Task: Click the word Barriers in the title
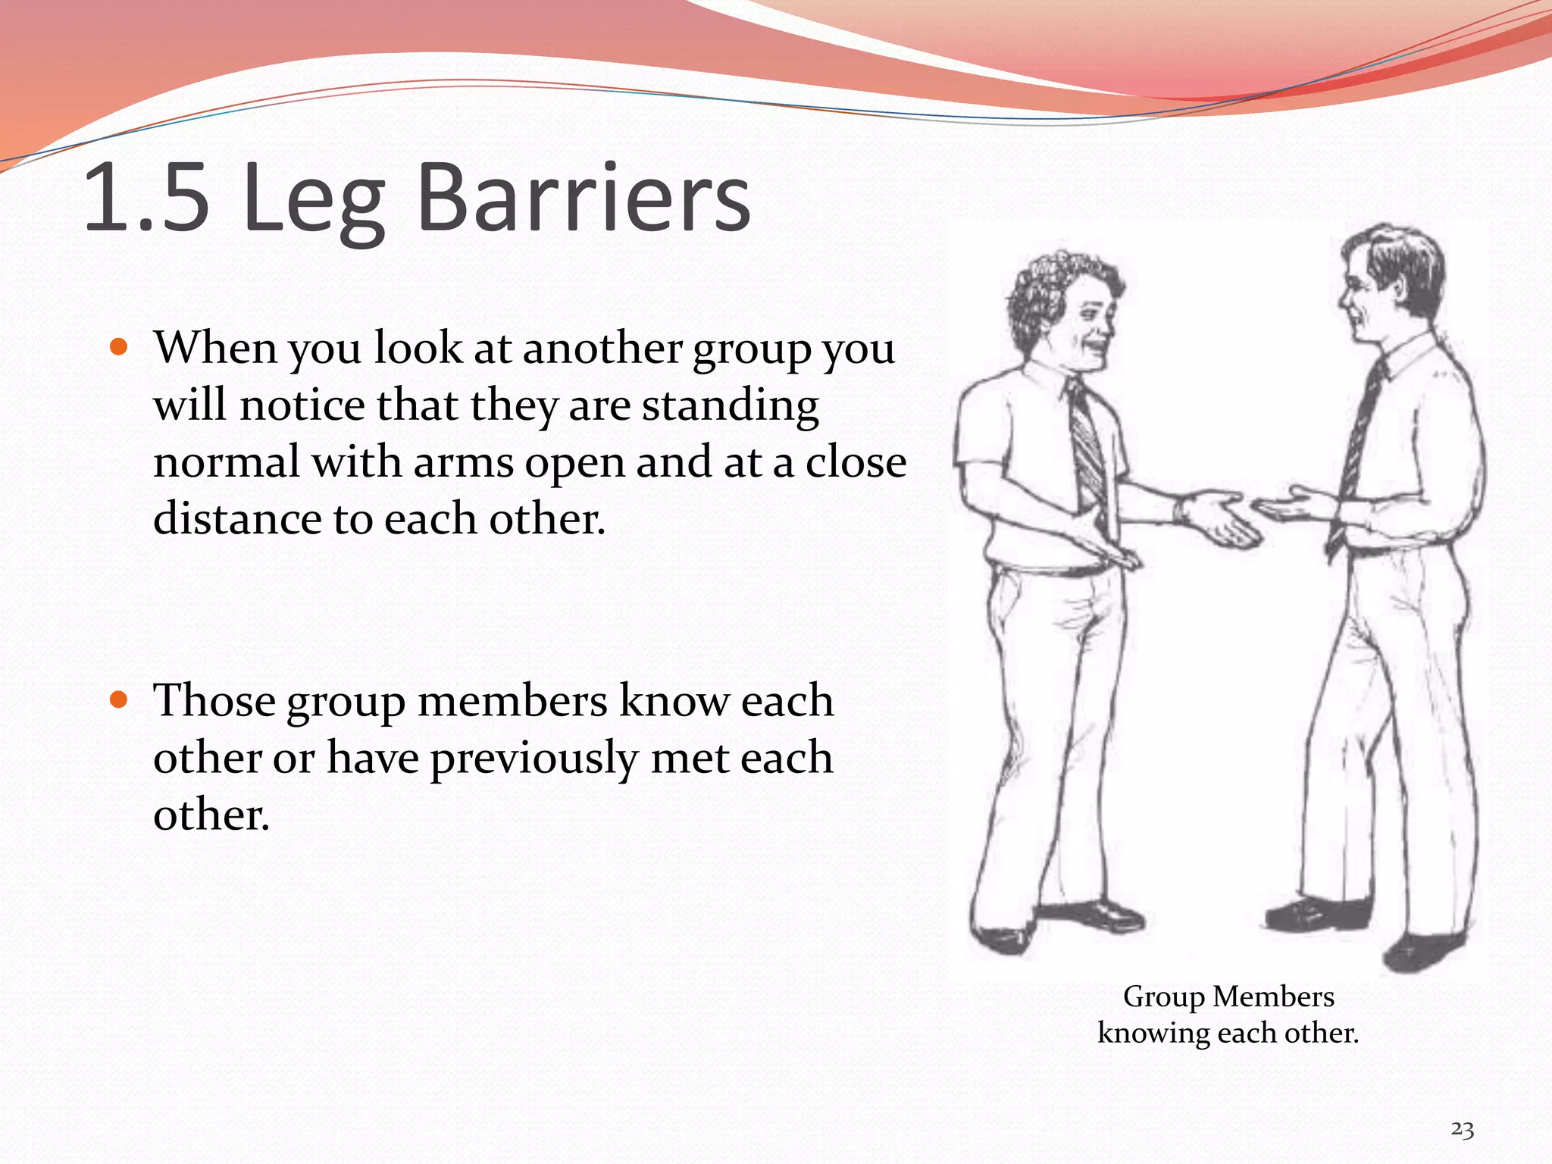[584, 199]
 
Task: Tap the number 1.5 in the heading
[146, 199]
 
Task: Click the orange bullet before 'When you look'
[118, 348]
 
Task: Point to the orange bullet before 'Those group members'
[118, 699]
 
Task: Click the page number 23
[1462, 1130]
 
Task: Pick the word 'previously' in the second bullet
[534, 758]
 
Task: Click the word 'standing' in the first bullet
[731, 405]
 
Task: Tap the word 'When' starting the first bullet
[215, 348]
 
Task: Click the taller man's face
[1364, 296]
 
